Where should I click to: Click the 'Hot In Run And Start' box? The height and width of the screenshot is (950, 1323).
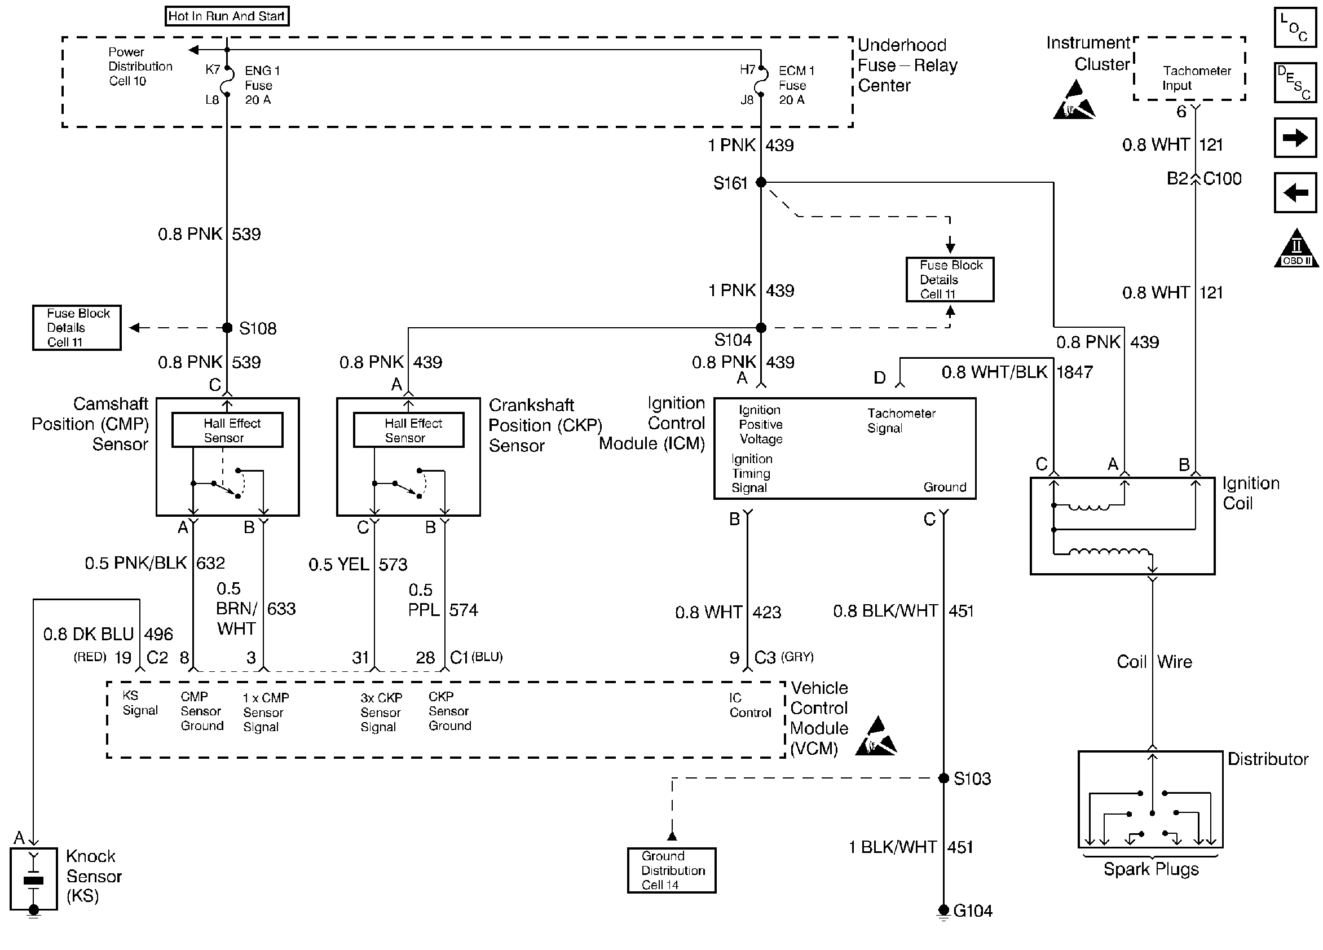[x=226, y=16]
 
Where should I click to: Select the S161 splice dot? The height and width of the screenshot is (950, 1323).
[x=761, y=182]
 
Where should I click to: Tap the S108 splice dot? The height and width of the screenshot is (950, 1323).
[x=227, y=328]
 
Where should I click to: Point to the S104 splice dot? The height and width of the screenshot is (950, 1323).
[x=761, y=328]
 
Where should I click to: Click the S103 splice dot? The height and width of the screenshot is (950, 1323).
[x=944, y=778]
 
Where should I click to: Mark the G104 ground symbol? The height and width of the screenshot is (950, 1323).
[x=944, y=911]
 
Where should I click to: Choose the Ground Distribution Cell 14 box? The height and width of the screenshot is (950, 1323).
[x=672, y=870]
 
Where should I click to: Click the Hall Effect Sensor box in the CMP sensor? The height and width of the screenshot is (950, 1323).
[x=227, y=430]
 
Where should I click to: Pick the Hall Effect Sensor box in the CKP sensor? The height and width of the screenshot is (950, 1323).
[x=408, y=430]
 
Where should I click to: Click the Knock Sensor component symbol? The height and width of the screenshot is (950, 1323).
[x=34, y=879]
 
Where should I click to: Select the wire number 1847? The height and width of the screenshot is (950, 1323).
[x=1074, y=372]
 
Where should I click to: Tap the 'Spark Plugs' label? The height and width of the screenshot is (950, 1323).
[x=1150, y=869]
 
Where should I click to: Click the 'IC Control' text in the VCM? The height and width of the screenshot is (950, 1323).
[x=750, y=705]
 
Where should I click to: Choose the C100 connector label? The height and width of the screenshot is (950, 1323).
[x=1222, y=179]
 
